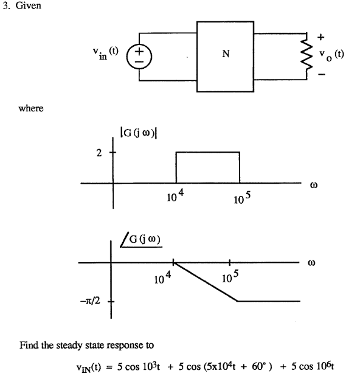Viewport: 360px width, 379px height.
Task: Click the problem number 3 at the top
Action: [5, 8]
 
